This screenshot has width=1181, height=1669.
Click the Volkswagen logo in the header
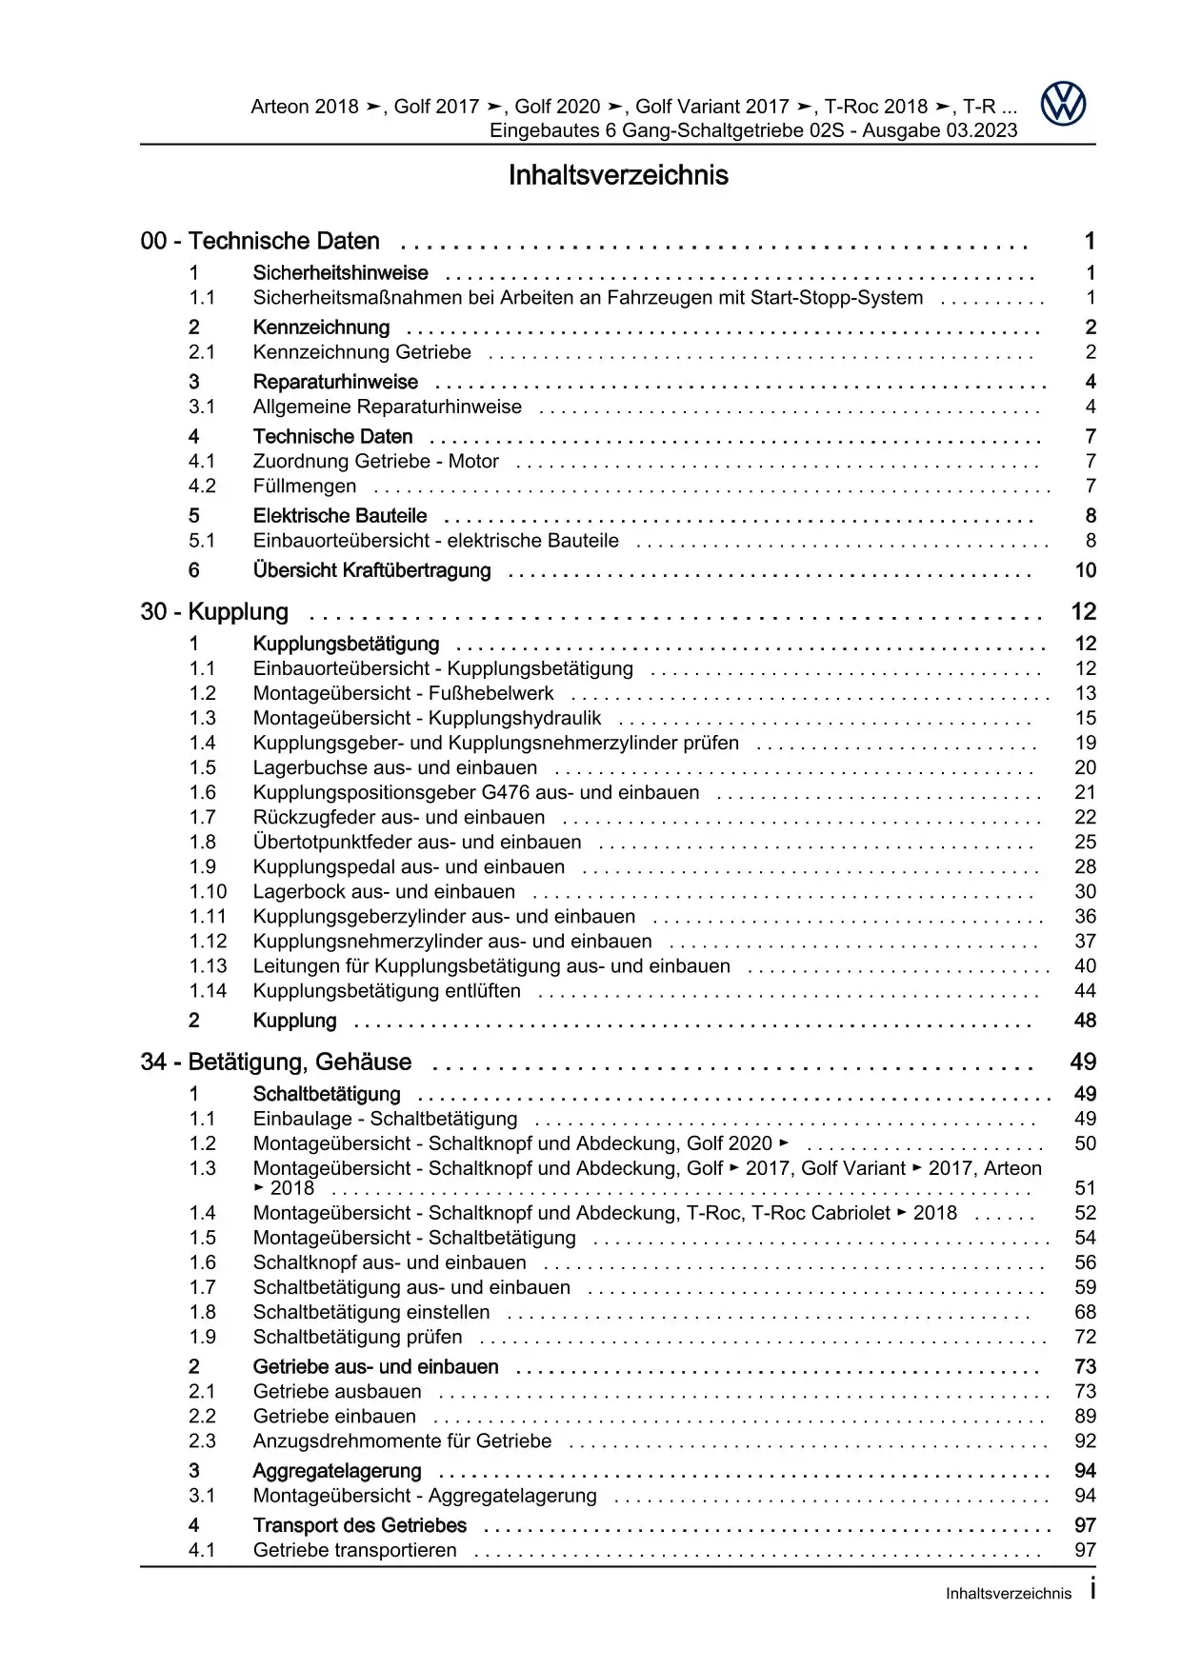(x=1062, y=104)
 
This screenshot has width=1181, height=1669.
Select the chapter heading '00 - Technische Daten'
(x=260, y=242)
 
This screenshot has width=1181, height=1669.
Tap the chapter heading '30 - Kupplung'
(x=214, y=612)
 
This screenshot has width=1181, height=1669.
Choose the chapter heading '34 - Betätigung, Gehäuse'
(x=276, y=1063)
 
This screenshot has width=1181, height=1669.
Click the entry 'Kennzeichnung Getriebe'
(x=362, y=352)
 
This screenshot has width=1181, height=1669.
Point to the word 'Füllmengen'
(x=305, y=487)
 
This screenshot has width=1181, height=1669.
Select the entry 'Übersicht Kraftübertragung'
(x=371, y=571)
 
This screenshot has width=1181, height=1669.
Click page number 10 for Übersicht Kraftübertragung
(x=1085, y=571)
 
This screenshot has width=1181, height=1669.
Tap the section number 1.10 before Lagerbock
(x=208, y=892)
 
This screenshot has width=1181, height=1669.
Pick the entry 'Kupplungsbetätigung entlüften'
(x=387, y=991)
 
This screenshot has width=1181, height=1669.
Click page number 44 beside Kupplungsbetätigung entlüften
(x=1085, y=991)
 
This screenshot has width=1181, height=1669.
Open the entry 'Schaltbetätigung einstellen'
(x=371, y=1313)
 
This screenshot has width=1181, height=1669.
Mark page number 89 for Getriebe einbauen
(x=1085, y=1417)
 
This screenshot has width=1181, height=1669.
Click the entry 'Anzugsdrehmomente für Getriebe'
(x=402, y=1441)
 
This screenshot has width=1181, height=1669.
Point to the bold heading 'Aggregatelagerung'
(x=337, y=1472)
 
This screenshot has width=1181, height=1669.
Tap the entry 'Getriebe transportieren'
(x=355, y=1551)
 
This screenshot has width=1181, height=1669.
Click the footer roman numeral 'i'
(x=1091, y=1590)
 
